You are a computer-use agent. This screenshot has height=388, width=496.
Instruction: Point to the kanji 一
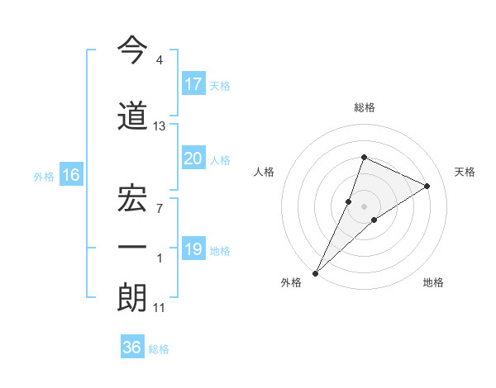[x=132, y=248]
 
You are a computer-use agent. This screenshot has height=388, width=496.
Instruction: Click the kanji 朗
[x=132, y=298]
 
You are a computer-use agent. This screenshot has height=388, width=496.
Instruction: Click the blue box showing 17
[x=193, y=83]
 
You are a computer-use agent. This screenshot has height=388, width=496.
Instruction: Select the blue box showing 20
[x=193, y=159]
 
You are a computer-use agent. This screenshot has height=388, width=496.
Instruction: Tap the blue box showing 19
[x=193, y=249]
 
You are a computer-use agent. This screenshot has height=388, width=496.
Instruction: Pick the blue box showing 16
[x=70, y=175]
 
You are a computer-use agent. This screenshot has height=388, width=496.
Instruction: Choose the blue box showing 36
[x=132, y=348]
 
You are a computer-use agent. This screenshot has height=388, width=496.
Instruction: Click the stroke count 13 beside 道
[x=160, y=126]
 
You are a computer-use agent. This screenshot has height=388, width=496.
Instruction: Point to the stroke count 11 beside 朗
[x=160, y=308]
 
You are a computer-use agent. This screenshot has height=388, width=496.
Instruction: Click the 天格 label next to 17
[x=219, y=85]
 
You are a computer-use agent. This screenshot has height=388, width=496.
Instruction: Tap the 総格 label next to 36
[x=159, y=349]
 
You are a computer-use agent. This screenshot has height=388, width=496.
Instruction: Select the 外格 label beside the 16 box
[x=44, y=176]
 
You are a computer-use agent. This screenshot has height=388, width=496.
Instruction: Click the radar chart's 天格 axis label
[x=465, y=172]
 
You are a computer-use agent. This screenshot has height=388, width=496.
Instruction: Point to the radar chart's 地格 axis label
[x=433, y=282]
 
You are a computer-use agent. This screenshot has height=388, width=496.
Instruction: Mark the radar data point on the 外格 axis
[x=315, y=272]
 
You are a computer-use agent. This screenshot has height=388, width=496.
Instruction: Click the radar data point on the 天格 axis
[x=427, y=186]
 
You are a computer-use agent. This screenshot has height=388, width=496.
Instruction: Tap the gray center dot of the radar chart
[x=364, y=206]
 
